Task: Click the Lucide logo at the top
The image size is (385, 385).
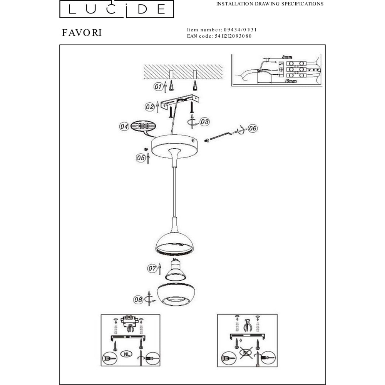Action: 117,9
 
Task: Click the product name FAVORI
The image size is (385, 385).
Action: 82,33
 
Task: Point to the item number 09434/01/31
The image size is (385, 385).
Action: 240,30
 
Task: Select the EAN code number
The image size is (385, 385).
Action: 233,36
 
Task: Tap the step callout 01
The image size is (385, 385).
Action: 158,86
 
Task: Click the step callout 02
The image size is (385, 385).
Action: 149,107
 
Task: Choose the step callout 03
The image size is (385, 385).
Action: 204,122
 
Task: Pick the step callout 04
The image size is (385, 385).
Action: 124,126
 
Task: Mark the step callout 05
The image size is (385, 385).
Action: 141,157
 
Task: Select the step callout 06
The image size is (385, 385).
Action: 253,128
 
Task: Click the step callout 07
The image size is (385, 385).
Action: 152,268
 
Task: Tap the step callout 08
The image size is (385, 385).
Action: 138,300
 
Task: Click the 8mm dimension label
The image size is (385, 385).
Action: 287,57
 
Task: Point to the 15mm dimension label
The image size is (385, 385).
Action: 291,81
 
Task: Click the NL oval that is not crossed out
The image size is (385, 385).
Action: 126,354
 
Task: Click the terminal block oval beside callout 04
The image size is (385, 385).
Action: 143,126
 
